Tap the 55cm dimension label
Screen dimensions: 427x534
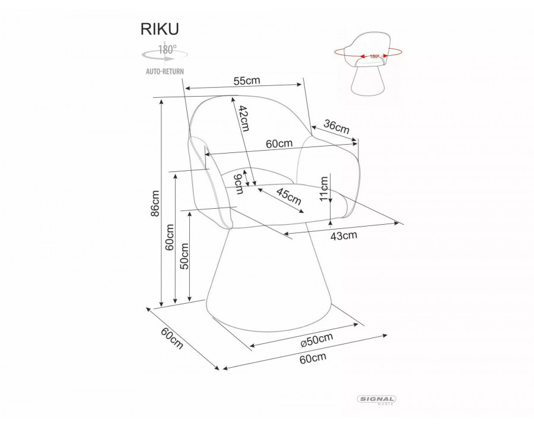click(247, 81)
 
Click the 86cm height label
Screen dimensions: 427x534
click(155, 203)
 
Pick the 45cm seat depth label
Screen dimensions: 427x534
click(289, 196)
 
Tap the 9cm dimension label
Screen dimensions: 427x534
click(239, 183)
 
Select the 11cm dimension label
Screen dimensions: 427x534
click(324, 189)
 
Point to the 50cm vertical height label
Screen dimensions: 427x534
click(184, 256)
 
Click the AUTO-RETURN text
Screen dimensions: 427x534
click(165, 71)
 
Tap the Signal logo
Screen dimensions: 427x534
click(378, 400)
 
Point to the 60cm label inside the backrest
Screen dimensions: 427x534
click(279, 144)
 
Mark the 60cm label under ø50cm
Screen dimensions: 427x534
click(313, 358)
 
